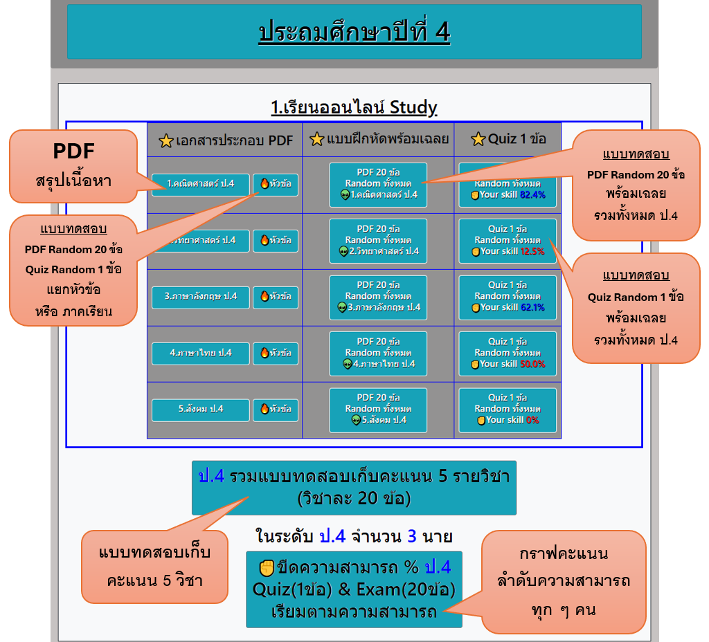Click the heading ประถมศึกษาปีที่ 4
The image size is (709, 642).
coord(354,32)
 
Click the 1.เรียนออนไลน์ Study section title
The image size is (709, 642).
coord(354,108)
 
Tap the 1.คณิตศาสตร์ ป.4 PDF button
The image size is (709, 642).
coord(200,184)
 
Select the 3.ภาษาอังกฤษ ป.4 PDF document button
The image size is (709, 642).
coord(200,297)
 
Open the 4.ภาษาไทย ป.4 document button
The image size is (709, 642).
coord(200,354)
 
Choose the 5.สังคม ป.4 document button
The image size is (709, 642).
coord(200,410)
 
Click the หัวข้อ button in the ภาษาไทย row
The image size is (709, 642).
coord(276,354)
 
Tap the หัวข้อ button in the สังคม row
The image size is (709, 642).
coord(276,410)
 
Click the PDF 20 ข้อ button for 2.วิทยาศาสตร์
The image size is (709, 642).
coord(378,241)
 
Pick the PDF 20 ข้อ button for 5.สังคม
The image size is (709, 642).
coord(378,410)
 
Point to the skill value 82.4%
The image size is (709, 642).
coord(532,196)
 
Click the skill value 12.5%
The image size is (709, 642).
coord(532,252)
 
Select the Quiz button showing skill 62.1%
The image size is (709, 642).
coord(508,297)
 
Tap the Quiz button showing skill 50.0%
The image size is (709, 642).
coord(508,354)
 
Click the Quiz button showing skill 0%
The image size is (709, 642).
coord(508,410)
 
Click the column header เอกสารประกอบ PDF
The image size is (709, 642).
coord(226,140)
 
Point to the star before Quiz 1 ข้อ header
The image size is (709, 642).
coord(478,140)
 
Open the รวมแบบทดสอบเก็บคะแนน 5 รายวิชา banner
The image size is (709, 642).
coord(354,487)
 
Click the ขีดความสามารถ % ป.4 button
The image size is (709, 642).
coord(354,589)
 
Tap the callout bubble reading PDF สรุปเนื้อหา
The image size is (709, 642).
coord(73,166)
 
